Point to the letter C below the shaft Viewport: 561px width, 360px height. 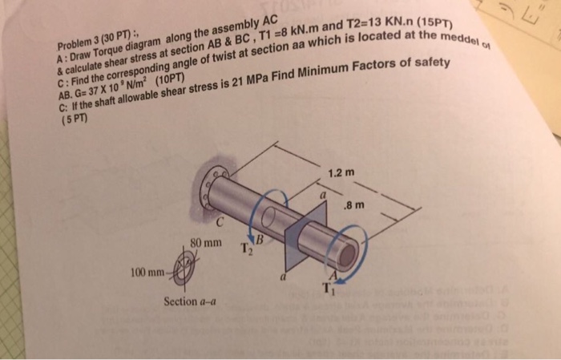(x=218, y=222)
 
